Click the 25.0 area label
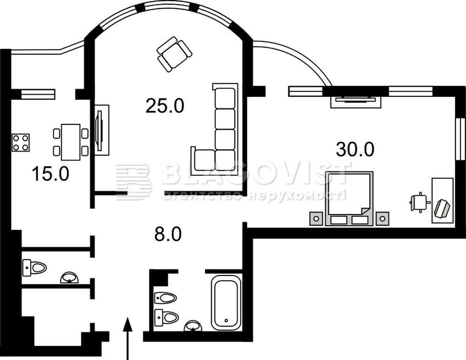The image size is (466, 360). point(165,106)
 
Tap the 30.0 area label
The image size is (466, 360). point(355,149)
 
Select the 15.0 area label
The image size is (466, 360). point(50,174)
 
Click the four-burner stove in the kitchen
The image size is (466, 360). point(21,143)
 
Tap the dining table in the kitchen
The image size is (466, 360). point(71,142)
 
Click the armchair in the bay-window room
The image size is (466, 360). point(174,54)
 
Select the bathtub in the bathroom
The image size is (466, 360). point(226,303)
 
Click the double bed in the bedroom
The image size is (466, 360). point(349,199)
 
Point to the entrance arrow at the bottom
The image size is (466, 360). point(128,339)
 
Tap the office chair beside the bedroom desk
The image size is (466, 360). point(419,202)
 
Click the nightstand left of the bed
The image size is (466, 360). point(316,219)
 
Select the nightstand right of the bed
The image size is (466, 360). point(383,219)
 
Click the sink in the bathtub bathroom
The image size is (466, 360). point(193,326)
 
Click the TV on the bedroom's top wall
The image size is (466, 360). point(356,100)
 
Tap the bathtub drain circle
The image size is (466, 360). point(226,320)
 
